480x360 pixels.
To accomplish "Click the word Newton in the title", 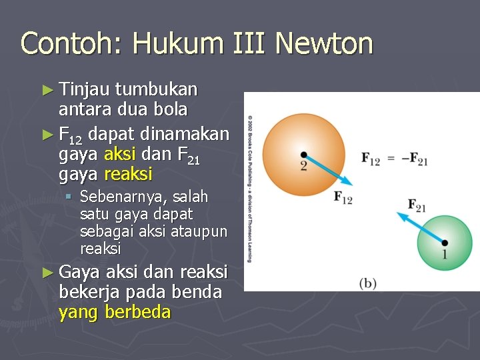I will click(x=323, y=44).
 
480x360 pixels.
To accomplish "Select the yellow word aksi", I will click(x=120, y=155).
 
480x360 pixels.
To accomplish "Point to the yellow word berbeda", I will click(x=138, y=311).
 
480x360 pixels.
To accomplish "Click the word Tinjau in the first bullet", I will click(x=84, y=89).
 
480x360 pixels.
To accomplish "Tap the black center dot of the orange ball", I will click(x=304, y=155).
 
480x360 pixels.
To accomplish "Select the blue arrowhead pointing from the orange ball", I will click(x=347, y=181).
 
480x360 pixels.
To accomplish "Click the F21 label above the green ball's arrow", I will click(x=416, y=206).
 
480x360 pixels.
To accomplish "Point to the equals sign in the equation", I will click(x=390, y=159).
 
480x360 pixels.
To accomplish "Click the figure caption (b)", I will click(x=367, y=283).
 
